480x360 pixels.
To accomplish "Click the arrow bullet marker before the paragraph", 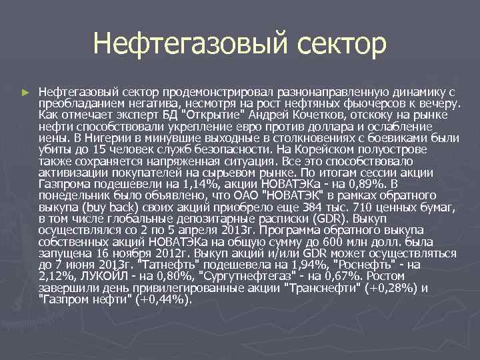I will (x=25, y=90).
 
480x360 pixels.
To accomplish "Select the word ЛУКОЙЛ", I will (x=98, y=275).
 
